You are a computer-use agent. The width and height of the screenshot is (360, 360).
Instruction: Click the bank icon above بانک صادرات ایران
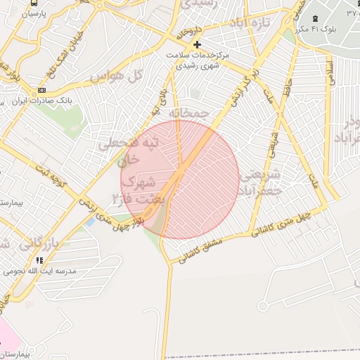coord(41,91)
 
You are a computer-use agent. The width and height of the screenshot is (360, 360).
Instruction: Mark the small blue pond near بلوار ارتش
coord(89,222)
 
